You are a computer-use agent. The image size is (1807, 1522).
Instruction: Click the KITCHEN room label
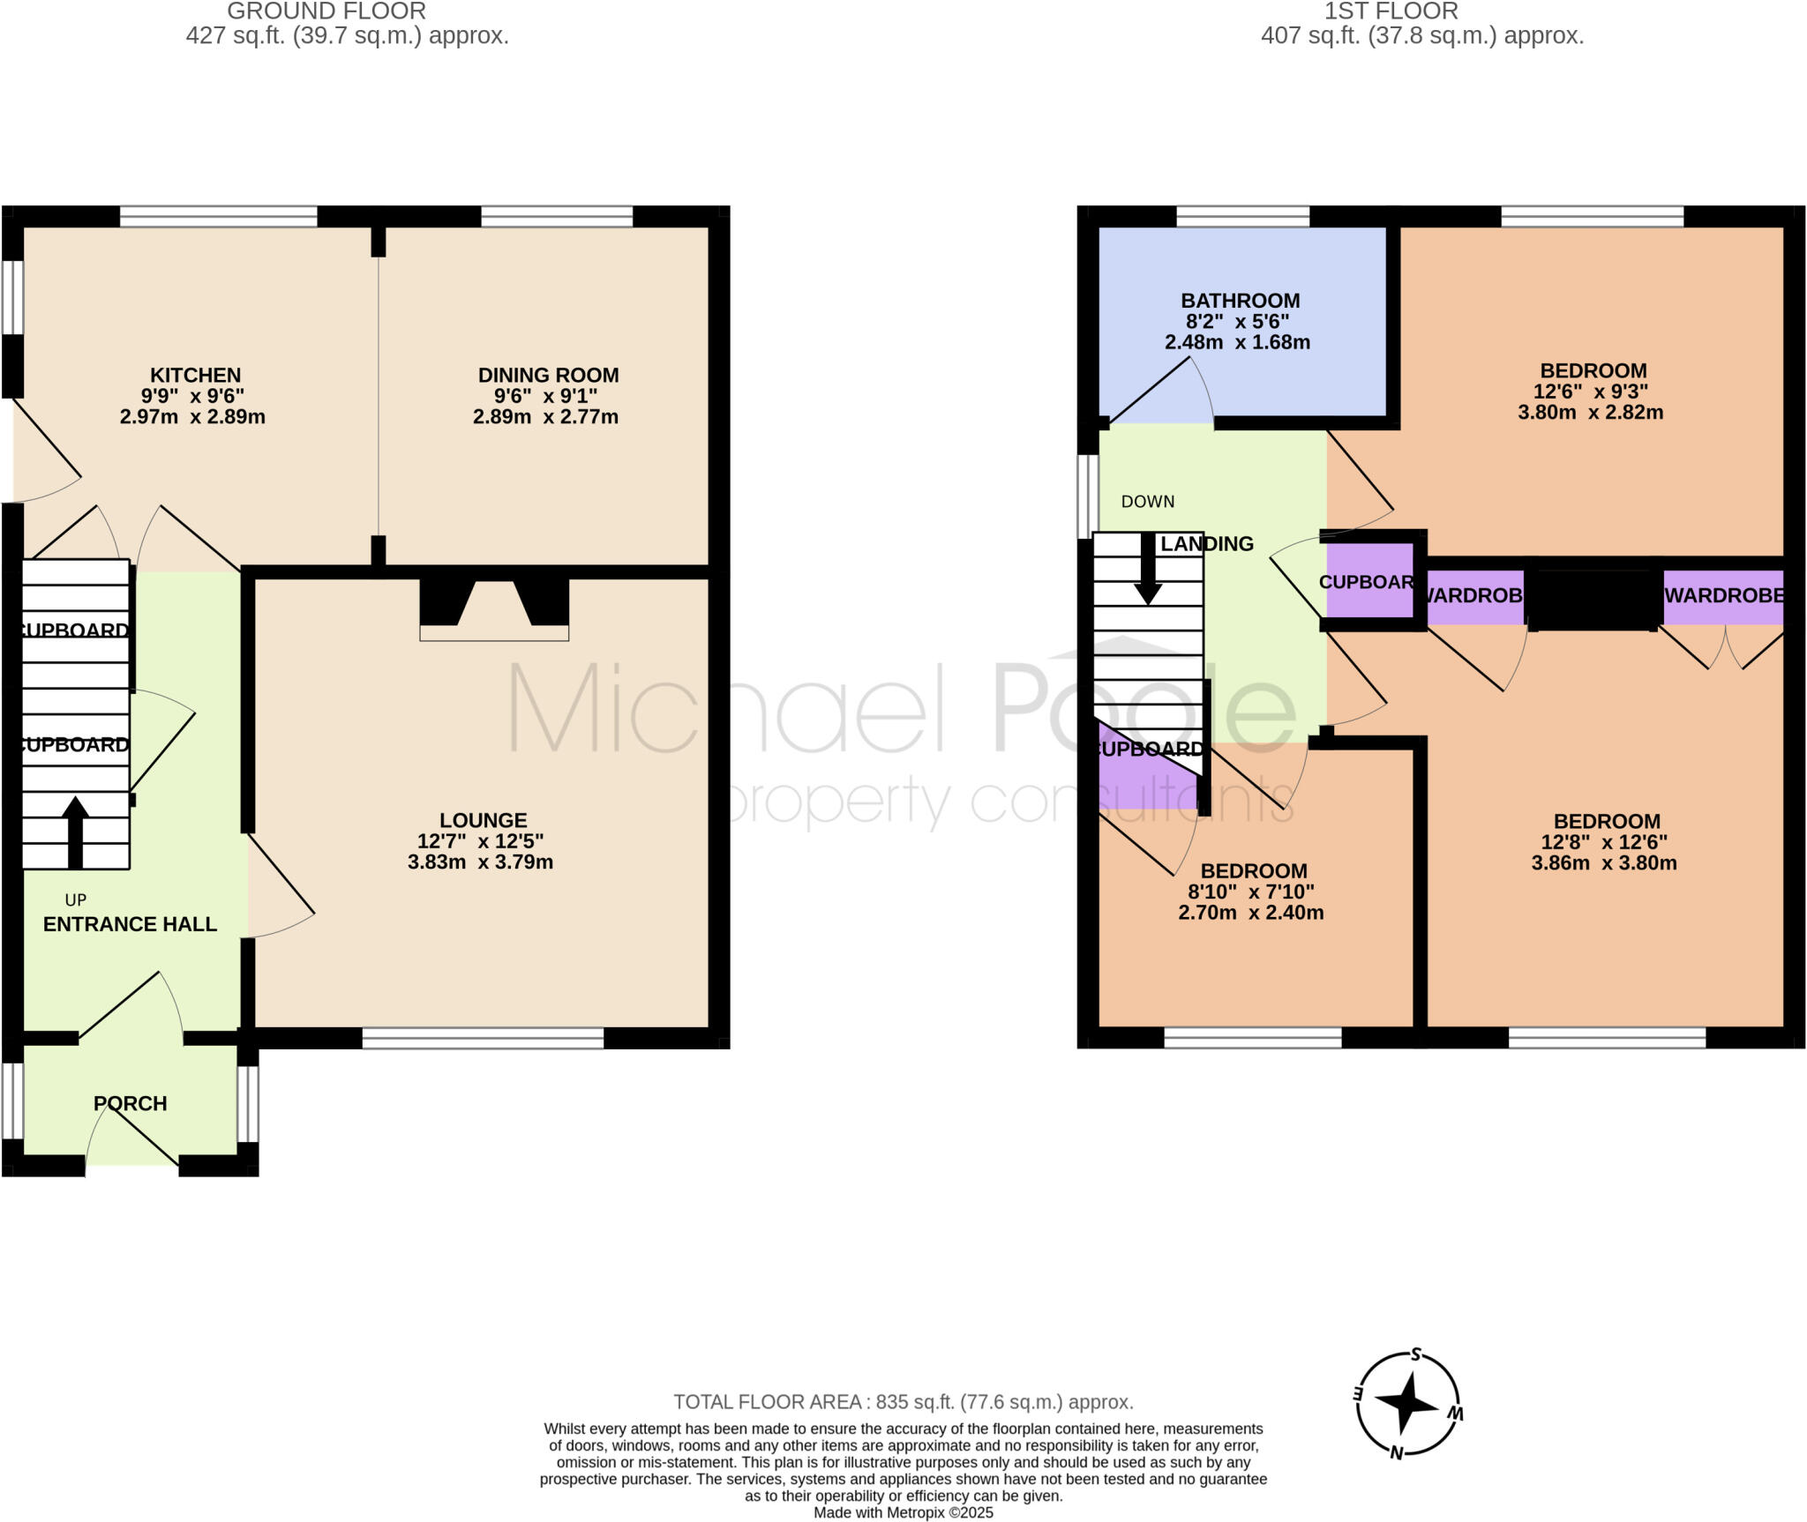(x=195, y=375)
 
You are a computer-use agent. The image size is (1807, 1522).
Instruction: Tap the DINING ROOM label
(x=548, y=375)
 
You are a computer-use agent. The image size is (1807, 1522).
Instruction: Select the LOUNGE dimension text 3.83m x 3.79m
(x=480, y=862)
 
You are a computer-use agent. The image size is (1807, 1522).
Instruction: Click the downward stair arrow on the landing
(x=1148, y=570)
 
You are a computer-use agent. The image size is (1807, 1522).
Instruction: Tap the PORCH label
(x=130, y=1103)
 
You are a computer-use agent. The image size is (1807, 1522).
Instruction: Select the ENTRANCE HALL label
(x=130, y=924)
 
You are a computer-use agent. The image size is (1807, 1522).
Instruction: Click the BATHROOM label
(x=1240, y=301)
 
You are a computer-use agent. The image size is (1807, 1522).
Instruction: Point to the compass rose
(x=1406, y=1403)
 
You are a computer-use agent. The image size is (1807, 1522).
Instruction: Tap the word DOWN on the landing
(x=1147, y=502)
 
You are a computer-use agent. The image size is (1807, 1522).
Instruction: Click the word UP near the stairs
(x=76, y=900)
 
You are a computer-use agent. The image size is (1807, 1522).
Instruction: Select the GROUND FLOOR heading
(x=326, y=11)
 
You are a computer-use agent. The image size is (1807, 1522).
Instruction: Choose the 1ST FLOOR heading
(x=1391, y=11)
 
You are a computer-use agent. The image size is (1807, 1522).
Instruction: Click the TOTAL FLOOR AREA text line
(x=903, y=1402)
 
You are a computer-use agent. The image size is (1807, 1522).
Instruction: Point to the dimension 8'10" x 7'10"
(x=1252, y=892)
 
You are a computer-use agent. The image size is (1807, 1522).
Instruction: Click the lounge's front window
(x=483, y=1038)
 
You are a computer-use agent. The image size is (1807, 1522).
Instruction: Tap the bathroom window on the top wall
(x=1242, y=216)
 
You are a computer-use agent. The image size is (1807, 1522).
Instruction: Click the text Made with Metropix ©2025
(x=903, y=1513)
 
